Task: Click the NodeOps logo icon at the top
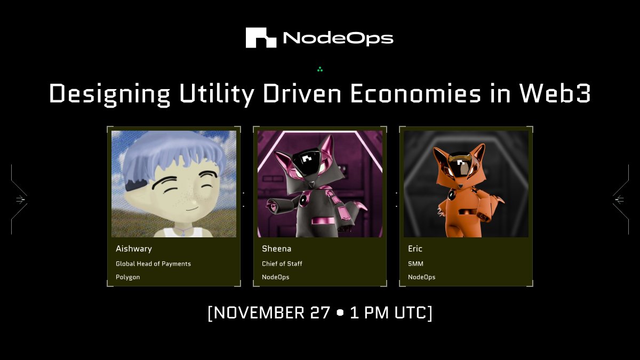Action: [261, 38]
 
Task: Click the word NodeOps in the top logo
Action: [338, 38]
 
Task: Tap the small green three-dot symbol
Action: [320, 69]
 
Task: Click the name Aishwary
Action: [134, 249]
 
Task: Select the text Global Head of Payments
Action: [153, 263]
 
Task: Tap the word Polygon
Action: [128, 277]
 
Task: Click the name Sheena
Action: [276, 249]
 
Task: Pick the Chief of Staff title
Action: [283, 263]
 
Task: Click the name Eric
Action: [415, 249]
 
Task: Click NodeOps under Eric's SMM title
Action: [421, 277]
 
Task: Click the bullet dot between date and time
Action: [340, 313]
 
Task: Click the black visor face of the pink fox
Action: [308, 160]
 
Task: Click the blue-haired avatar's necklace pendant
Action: [183, 231]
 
